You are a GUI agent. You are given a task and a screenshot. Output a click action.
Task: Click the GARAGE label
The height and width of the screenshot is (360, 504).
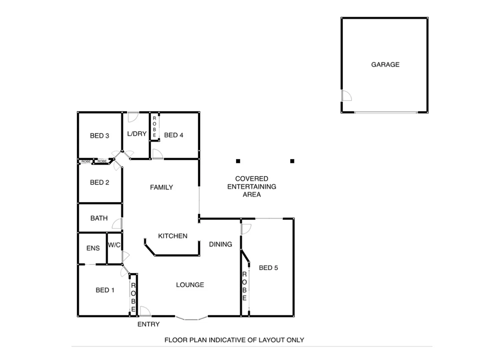385,65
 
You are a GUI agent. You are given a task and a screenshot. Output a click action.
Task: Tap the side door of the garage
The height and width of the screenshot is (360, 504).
346,96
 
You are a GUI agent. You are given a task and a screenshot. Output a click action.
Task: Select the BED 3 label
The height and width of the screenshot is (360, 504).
99,136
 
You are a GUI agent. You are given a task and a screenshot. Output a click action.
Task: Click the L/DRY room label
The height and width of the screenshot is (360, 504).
137,134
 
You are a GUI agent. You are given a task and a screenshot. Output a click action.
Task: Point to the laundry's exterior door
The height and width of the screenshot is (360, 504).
133,117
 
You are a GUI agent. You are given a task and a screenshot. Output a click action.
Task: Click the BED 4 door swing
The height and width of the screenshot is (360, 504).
157,154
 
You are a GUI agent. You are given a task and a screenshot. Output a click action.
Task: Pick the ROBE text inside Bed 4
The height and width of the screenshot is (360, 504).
154,127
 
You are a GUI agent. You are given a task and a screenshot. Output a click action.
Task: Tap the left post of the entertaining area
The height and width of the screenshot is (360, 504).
238,161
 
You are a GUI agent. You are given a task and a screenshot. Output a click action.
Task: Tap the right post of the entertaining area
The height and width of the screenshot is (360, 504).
292,161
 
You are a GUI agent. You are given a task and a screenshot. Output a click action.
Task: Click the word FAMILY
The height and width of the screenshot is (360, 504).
161,187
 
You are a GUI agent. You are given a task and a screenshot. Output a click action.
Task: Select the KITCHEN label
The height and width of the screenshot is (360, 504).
173,236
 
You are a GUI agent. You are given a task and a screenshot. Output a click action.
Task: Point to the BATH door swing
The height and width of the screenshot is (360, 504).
117,224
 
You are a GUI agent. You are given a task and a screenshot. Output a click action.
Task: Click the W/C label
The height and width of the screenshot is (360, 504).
114,245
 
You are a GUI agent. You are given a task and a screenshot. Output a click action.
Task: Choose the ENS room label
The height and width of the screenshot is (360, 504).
93,248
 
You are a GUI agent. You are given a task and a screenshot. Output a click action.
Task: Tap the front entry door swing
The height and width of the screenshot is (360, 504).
145,311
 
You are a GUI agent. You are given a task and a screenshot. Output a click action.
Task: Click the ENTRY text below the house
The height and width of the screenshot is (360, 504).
148,324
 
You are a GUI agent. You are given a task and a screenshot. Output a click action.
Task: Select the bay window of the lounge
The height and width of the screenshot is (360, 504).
191,318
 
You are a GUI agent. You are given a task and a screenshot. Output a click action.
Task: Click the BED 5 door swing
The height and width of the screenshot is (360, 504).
246,229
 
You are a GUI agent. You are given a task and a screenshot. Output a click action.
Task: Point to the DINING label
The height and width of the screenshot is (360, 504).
220,244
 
